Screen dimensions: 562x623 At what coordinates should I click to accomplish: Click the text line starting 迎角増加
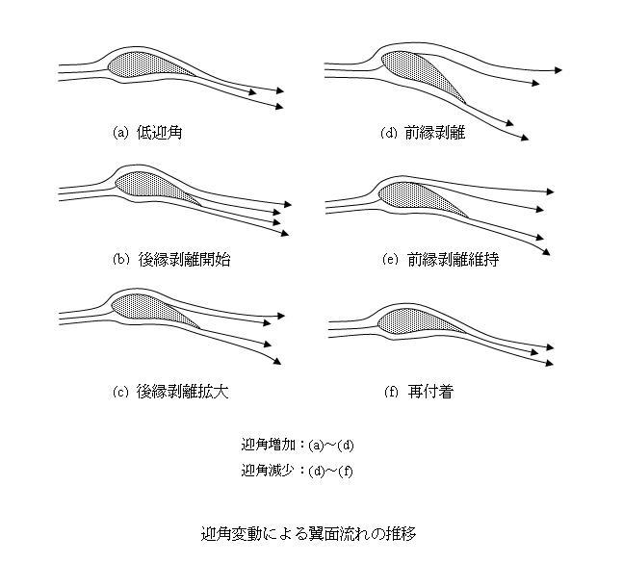coord(298,445)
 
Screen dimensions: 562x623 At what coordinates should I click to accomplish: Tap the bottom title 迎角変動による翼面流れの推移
coord(310,533)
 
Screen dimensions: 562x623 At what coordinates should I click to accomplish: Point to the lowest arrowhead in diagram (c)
coord(276,361)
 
